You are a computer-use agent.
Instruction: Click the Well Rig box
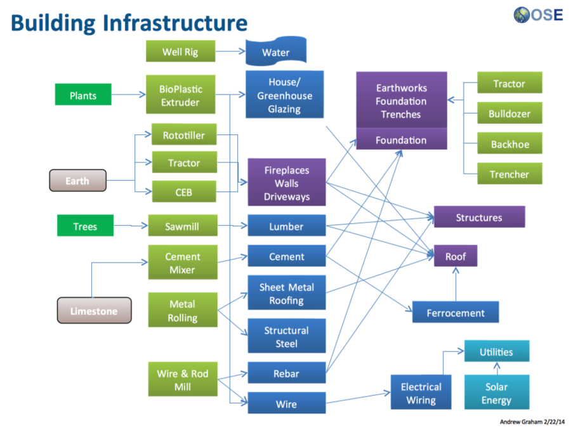180,51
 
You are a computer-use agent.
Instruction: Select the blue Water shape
276,52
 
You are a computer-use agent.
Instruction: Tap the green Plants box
83,96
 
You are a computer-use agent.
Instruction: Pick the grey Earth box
77,181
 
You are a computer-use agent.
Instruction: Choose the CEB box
184,191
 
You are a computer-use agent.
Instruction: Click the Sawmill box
182,226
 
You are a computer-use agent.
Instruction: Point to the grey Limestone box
94,311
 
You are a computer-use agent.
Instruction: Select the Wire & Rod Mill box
183,380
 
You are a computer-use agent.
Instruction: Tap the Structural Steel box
286,337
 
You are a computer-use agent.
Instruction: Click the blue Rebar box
286,373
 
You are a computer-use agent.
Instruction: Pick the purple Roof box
455,256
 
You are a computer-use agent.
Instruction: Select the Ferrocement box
456,313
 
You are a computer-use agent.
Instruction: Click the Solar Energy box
496,393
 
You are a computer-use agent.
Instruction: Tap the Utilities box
496,352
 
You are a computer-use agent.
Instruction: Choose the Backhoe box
509,144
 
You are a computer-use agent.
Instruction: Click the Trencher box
509,174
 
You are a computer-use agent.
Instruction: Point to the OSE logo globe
522,14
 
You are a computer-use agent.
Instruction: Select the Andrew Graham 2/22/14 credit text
532,420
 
